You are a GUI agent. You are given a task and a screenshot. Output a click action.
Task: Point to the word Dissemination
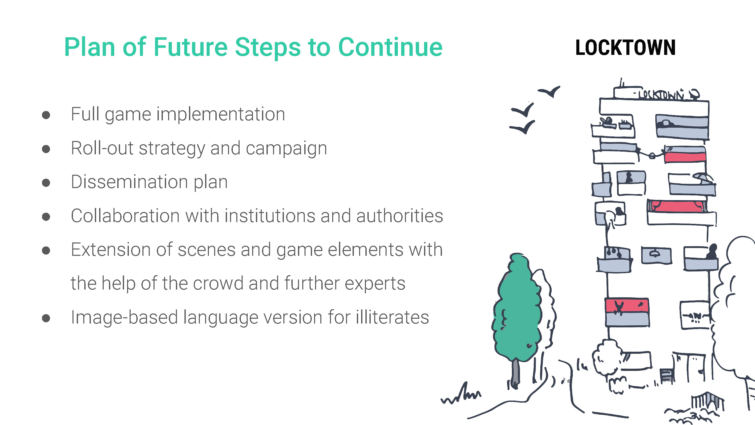point(129,182)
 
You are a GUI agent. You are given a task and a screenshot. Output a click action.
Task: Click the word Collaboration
point(125,216)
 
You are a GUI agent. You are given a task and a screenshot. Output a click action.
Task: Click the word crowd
point(218,284)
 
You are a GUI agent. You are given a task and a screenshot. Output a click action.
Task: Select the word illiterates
point(392,317)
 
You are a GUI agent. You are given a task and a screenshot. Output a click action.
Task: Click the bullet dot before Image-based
point(46,318)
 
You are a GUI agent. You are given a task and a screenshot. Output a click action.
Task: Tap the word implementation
point(220,115)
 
